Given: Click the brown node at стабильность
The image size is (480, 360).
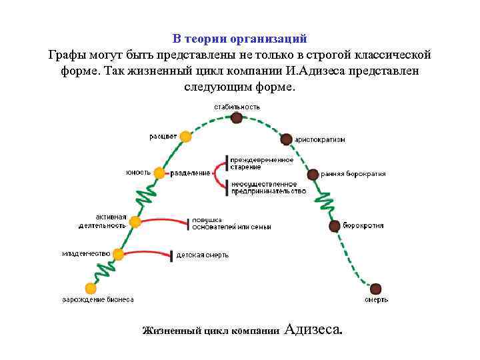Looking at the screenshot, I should pyautogui.click(x=237, y=118).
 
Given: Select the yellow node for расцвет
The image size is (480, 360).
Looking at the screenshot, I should pyautogui.click(x=185, y=137).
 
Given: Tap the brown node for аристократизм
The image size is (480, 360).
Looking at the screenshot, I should pyautogui.click(x=286, y=139).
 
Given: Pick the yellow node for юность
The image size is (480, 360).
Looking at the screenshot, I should pyautogui.click(x=159, y=173).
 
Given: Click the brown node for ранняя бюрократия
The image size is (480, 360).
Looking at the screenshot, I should pyautogui.click(x=313, y=175).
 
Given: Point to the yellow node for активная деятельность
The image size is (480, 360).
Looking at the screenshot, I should pyautogui.click(x=135, y=222).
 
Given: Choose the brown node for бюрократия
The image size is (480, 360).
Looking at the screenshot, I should pyautogui.click(x=335, y=226).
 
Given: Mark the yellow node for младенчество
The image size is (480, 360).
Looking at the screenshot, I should pyautogui.click(x=119, y=254).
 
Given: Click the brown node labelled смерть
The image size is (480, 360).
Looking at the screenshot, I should pyautogui.click(x=375, y=289).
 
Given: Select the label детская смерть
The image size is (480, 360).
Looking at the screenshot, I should pyautogui.click(x=202, y=255).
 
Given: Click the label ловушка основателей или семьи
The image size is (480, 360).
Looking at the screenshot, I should pyautogui.click(x=231, y=223).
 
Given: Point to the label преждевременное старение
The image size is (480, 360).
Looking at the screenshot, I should pyautogui.click(x=261, y=163).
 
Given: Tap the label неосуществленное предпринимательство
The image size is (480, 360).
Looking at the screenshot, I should pyautogui.click(x=268, y=187).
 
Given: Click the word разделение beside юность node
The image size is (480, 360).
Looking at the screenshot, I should pyautogui.click(x=190, y=173).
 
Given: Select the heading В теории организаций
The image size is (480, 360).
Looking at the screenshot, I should pyautogui.click(x=239, y=39).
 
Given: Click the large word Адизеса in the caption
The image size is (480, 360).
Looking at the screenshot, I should pyautogui.click(x=313, y=329).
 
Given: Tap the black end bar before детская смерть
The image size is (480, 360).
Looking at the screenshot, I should pyautogui.click(x=172, y=255).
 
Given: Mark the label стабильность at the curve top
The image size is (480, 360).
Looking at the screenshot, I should pyautogui.click(x=237, y=107).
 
